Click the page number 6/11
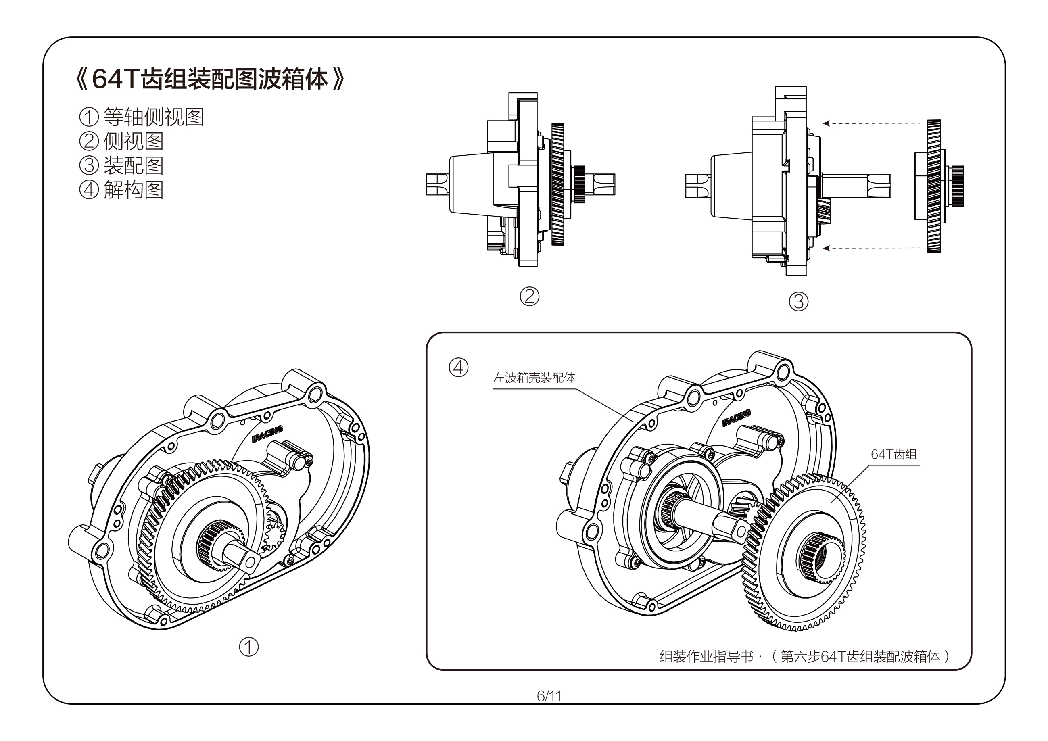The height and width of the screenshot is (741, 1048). [x=549, y=696]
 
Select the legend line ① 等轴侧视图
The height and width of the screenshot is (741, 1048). [x=142, y=117]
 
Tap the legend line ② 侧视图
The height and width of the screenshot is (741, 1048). [x=121, y=141]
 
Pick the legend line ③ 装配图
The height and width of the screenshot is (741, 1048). [x=121, y=165]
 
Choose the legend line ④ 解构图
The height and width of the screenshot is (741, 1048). [x=121, y=190]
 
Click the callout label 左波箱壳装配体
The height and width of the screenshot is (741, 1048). [x=534, y=378]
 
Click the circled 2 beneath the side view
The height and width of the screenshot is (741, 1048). [x=530, y=296]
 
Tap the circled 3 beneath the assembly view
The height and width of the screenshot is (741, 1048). [x=798, y=301]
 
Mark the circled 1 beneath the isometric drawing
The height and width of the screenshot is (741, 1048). [x=249, y=647]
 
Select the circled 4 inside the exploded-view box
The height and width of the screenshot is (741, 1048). [x=458, y=367]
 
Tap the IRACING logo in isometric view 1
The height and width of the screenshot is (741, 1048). [x=267, y=434]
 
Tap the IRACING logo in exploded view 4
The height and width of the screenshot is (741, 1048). [x=736, y=419]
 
